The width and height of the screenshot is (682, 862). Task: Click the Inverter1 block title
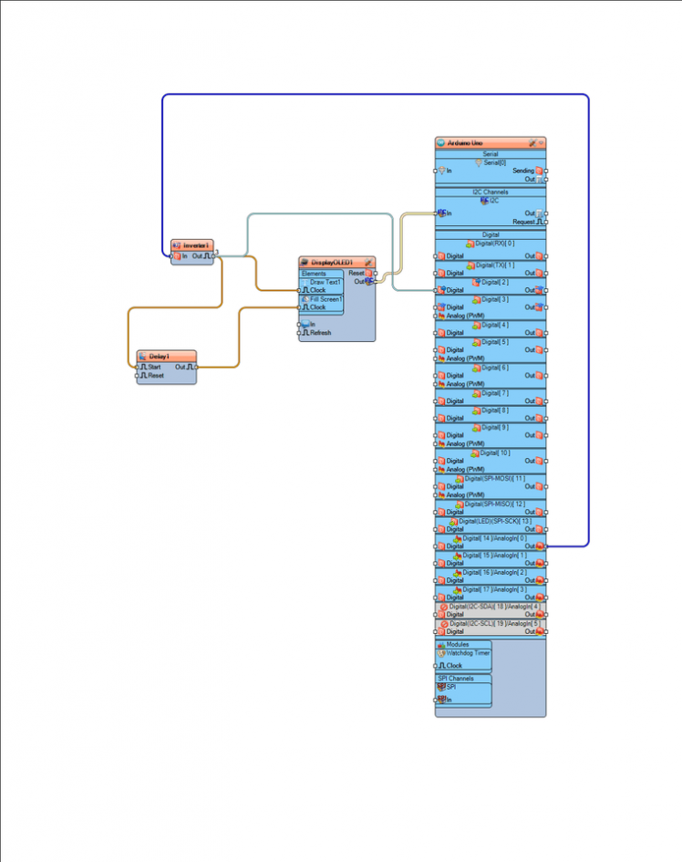click(x=196, y=245)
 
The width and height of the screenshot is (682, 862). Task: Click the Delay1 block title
click(x=160, y=356)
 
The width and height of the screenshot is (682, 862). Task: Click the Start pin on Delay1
click(x=153, y=367)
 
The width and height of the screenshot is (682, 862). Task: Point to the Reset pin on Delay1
click(x=155, y=375)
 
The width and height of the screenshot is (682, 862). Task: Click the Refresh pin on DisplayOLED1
click(x=319, y=333)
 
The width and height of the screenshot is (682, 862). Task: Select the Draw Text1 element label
click(x=325, y=282)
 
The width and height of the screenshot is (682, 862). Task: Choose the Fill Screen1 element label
click(x=325, y=299)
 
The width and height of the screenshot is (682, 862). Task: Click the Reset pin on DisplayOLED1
click(x=356, y=273)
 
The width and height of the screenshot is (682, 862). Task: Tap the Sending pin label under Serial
click(x=523, y=171)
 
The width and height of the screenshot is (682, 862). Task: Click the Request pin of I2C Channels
click(x=523, y=222)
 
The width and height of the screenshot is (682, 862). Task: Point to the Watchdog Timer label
click(x=468, y=653)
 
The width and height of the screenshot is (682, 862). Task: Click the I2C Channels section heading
click(x=490, y=192)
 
